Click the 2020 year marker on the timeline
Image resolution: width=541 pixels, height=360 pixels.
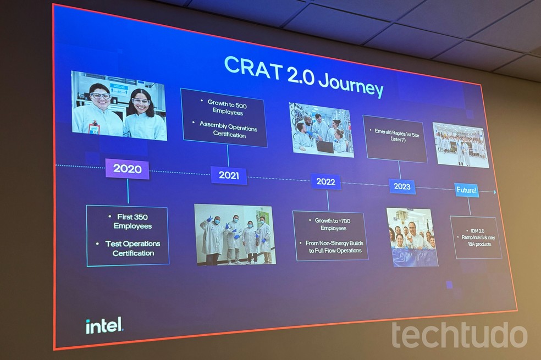pyautogui.click(x=128, y=169)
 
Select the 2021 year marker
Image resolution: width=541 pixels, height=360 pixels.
pyautogui.click(x=229, y=175)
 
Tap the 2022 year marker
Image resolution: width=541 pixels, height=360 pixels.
pyautogui.click(x=325, y=181)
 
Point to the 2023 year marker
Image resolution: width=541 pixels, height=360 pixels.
pyautogui.click(x=402, y=186)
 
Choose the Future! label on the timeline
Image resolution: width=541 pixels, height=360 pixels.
pyautogui.click(x=467, y=191)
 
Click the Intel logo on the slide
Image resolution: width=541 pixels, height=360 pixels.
pyautogui.click(x=104, y=325)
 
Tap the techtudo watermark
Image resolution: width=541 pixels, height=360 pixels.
pyautogui.click(x=459, y=334)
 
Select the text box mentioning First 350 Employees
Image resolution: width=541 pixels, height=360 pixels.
pyautogui.click(x=128, y=235)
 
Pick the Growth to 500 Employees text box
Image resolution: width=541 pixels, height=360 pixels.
pyautogui.click(x=224, y=118)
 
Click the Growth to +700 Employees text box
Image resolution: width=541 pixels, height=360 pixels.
pyautogui.click(x=330, y=236)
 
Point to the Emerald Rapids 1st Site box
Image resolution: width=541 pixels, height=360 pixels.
pyautogui.click(x=395, y=139)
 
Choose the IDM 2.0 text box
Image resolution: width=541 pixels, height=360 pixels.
pyautogui.click(x=476, y=237)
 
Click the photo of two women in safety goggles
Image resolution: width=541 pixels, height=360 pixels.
pyautogui.click(x=119, y=106)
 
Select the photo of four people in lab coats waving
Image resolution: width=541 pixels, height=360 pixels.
pyautogui.click(x=235, y=234)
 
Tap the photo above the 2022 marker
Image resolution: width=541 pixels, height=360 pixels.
pyautogui.click(x=321, y=130)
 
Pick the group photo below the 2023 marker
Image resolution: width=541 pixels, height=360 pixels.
pyautogui.click(x=412, y=237)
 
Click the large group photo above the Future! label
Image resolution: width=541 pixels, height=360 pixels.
pyautogui.click(x=461, y=145)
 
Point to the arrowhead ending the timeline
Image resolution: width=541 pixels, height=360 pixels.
pyautogui.click(x=495, y=192)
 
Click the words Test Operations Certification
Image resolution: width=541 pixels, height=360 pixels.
pyautogui.click(x=133, y=248)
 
